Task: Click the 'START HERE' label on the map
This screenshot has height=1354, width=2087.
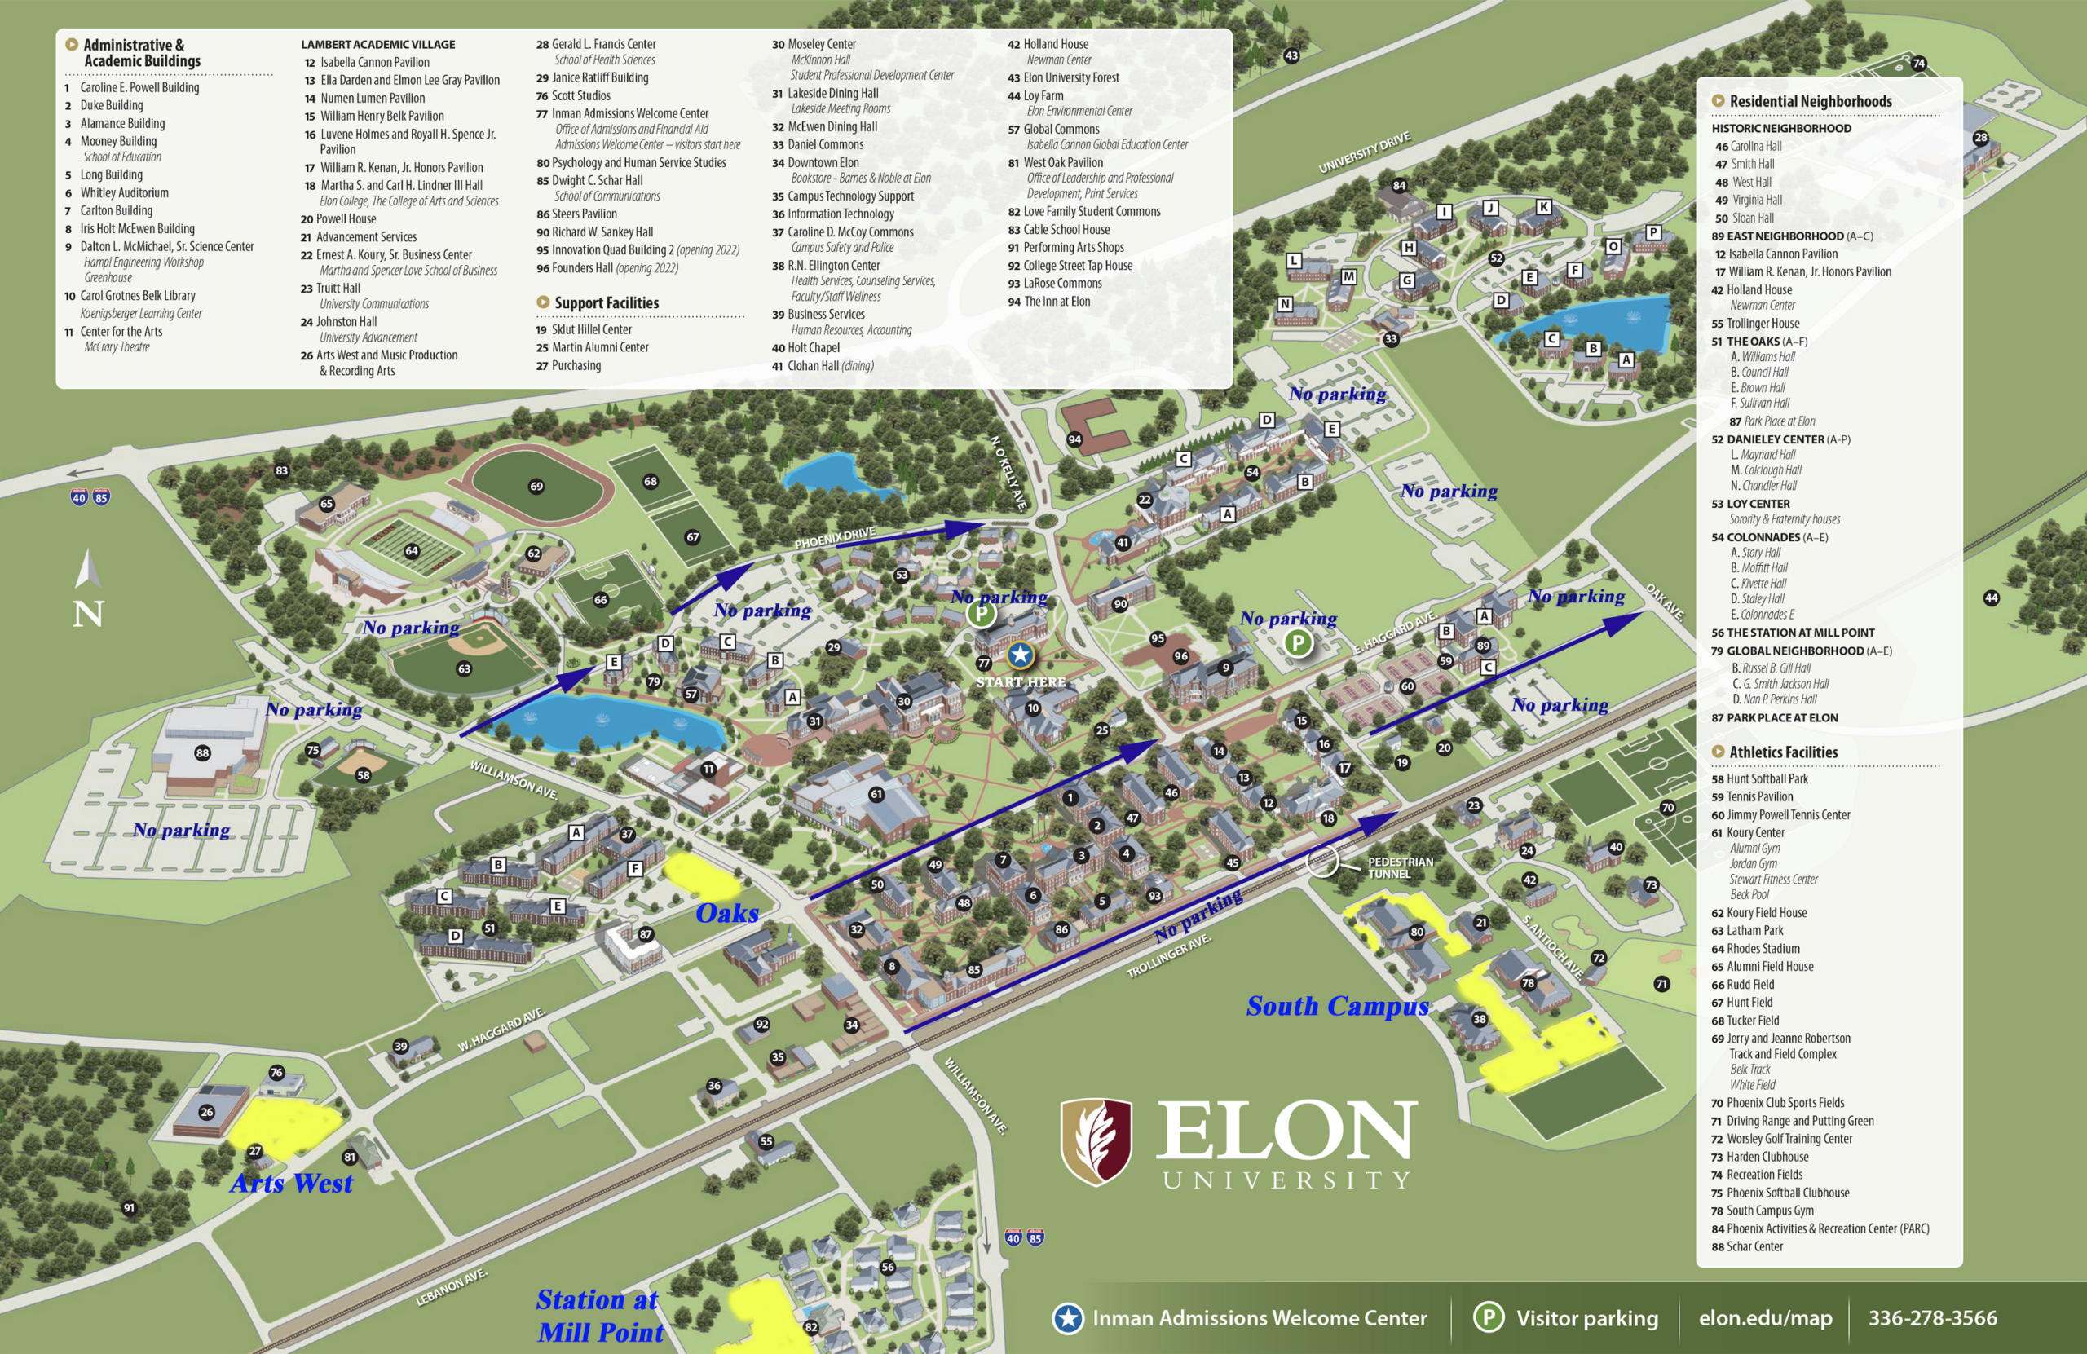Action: [1021, 681]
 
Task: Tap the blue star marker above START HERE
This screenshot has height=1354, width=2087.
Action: [1020, 655]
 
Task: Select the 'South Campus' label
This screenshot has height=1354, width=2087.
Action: [1337, 1006]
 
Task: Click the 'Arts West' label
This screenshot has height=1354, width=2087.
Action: [291, 1183]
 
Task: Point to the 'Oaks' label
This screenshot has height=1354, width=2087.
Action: [727, 913]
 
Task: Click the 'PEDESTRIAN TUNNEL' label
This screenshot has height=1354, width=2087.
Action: [1401, 867]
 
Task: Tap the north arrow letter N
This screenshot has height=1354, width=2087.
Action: [88, 613]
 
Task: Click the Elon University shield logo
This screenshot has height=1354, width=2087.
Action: [1096, 1142]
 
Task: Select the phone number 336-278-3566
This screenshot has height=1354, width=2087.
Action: [1932, 1318]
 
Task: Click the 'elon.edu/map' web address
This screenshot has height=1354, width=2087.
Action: [1764, 1318]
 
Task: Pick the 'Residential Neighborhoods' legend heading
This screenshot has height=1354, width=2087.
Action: [1810, 101]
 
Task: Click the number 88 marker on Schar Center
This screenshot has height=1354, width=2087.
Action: [202, 752]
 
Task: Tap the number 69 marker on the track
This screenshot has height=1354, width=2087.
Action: [536, 486]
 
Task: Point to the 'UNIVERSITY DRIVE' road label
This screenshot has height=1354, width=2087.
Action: [1365, 152]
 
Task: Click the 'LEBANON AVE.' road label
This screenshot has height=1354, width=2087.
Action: [451, 1287]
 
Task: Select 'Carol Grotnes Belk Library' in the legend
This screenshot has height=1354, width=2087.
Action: [138, 296]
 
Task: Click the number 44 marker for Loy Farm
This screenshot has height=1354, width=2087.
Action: [1992, 598]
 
